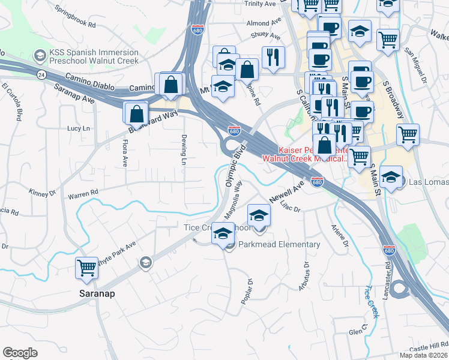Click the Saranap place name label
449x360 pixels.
click(97, 294)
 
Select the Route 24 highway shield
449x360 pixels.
click(41, 74)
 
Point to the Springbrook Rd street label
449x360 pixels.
click(75, 17)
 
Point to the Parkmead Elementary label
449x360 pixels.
click(279, 245)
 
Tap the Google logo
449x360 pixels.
click(20, 353)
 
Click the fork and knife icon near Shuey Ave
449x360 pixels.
click(273, 57)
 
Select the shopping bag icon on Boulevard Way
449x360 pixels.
click(136, 112)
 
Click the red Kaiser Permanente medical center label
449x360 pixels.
click(312, 154)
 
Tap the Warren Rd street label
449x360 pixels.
click(83, 194)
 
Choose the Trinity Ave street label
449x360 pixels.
click(261, 4)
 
